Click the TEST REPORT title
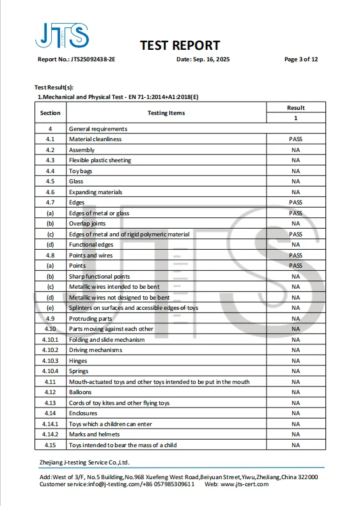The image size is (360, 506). pos(180,45)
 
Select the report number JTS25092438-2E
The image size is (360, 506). pos(93,59)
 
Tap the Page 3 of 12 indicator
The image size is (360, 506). pos(301,59)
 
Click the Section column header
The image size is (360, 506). pos(50,113)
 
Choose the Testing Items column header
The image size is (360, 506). pos(166,113)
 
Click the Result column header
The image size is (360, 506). pos(295,108)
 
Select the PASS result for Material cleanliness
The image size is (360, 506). pos(295,139)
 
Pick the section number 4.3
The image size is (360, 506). pos(50,160)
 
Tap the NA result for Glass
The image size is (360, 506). pos(295,181)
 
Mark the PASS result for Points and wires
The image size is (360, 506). pos(295,256)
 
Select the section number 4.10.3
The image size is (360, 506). pos(50,361)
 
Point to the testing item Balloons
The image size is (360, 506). pos(81,392)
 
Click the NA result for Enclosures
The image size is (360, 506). pos(295,413)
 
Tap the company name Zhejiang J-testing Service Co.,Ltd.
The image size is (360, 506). pos(84,462)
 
